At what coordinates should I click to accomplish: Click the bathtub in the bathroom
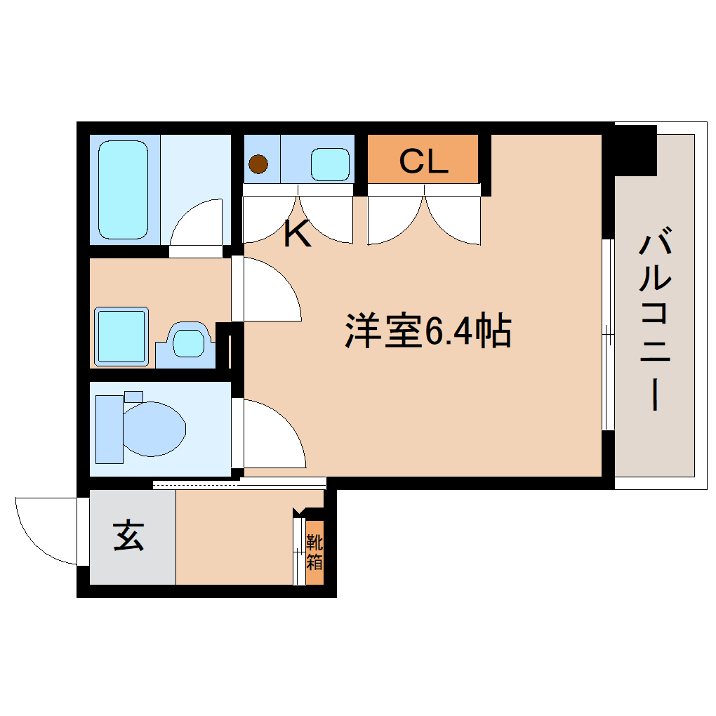(x=124, y=190)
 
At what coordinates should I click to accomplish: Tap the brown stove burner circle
(x=259, y=164)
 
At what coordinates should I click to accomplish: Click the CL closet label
(x=423, y=162)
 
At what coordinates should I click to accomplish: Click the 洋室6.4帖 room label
(x=427, y=331)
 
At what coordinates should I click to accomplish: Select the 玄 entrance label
(x=129, y=537)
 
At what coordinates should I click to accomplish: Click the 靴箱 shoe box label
(x=314, y=552)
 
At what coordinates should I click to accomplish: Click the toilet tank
(x=108, y=429)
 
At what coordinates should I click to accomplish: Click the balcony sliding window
(x=609, y=334)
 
